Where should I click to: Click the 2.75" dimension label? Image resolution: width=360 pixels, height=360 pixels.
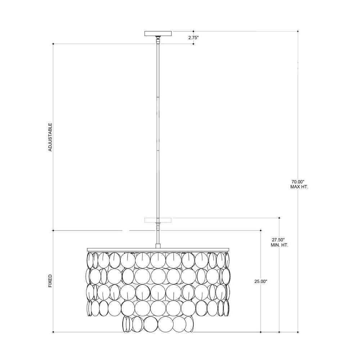pos(193,38)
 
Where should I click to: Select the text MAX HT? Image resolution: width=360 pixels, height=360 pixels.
pos(300,187)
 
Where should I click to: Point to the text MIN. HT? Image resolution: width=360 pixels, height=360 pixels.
pos(279,245)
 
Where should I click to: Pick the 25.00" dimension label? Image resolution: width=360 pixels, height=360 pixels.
pos(261,281)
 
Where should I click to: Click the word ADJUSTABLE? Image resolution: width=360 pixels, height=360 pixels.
pos(50,137)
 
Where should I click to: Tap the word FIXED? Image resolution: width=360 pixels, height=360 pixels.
pos(50,281)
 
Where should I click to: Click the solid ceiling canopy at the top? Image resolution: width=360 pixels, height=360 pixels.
pos(158,33)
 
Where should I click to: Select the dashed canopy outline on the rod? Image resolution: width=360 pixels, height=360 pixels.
pos(158,220)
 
